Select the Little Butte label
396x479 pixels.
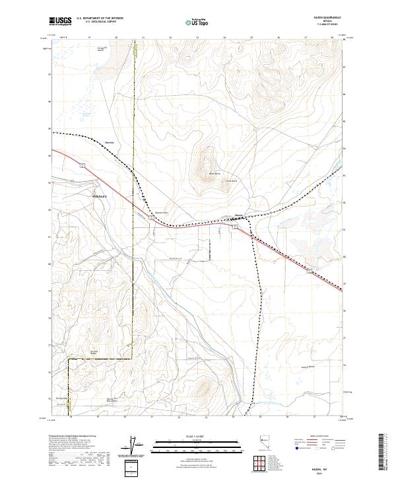231,181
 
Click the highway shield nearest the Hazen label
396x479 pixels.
234,227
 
